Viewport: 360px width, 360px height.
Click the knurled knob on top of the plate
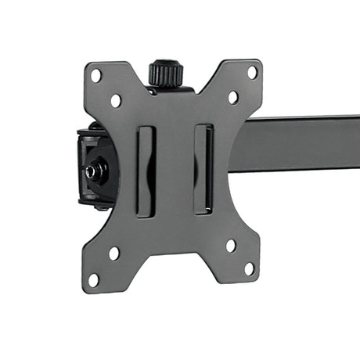tap(166, 74)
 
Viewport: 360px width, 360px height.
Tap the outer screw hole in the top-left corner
tap(95, 76)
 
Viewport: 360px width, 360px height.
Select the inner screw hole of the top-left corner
tap(116, 100)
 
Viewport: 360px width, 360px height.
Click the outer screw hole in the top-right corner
tap(252, 72)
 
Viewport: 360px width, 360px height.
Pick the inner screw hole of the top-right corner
tap(232, 97)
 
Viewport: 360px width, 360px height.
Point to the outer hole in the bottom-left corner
tap(94, 279)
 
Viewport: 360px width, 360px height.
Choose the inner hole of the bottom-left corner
tap(114, 254)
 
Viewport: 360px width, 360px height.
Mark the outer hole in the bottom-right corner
tap(249, 268)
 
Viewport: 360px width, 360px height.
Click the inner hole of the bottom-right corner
tap(230, 245)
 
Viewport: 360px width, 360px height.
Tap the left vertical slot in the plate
tap(145, 170)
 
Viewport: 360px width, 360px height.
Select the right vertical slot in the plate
tap(203, 167)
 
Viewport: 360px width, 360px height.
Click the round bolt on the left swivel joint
tap(97, 169)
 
